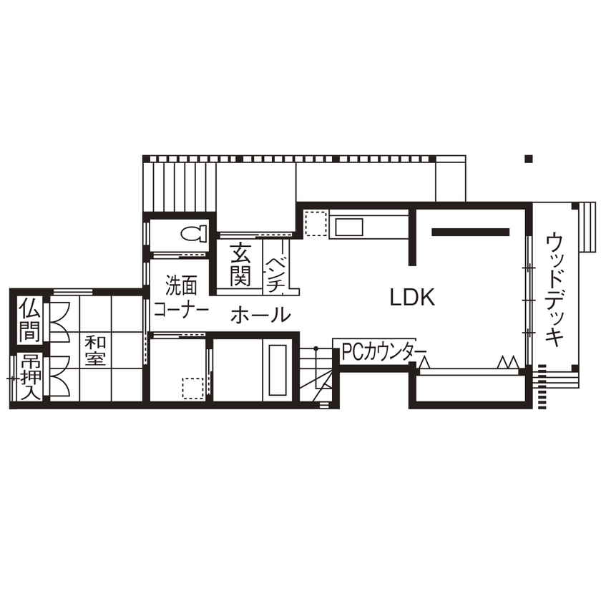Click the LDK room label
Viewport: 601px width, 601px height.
[413, 297]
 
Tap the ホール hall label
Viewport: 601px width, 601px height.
[260, 314]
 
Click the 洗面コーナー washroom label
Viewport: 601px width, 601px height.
[180, 298]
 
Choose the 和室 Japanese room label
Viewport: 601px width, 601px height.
[94, 350]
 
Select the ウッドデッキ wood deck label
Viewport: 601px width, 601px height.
[554, 289]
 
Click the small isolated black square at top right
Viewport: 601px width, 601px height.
[528, 159]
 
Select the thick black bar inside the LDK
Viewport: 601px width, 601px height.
[470, 232]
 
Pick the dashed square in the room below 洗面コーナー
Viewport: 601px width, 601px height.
[192, 388]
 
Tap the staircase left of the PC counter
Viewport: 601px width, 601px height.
[318, 376]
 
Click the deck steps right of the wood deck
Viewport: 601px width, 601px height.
[587, 227]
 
